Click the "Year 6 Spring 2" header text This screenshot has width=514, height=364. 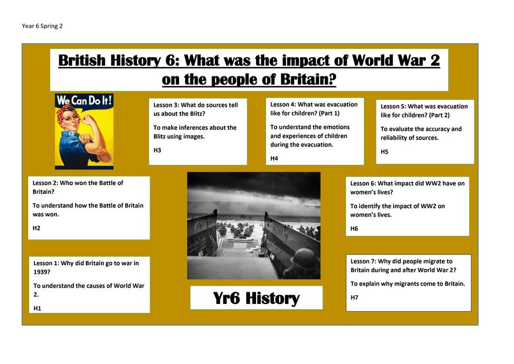tap(42, 26)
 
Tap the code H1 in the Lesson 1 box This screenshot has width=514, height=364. tap(38, 308)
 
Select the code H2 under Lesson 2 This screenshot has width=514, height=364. tap(36, 228)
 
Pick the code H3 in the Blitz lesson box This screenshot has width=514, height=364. tap(157, 151)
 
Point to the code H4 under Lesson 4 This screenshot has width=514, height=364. tap(274, 159)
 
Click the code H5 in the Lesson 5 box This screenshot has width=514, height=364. tap(384, 152)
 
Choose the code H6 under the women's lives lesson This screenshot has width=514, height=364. tap(354, 228)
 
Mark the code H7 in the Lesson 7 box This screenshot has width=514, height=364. tap(354, 298)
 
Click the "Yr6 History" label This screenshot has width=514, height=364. tap(256, 298)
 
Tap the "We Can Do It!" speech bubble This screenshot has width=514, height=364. tap(84, 101)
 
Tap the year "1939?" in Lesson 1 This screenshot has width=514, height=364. tap(42, 272)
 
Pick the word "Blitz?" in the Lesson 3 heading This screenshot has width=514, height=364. tap(197, 114)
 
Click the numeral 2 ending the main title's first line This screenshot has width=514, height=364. tap(435, 61)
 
